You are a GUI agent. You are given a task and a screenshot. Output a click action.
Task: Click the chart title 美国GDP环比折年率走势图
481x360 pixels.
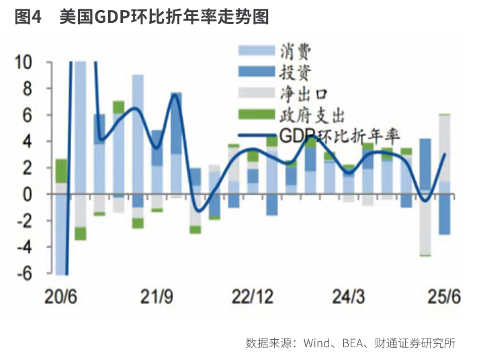pos(164,17)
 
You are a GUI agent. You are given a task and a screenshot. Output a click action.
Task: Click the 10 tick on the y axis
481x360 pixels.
pos(24,62)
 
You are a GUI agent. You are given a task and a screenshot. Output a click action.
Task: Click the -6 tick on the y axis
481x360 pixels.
pos(24,274)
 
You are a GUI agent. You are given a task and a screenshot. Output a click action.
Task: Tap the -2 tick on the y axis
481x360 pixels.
pos(24,221)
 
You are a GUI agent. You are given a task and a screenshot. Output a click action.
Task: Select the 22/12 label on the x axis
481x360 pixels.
pos(252,297)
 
